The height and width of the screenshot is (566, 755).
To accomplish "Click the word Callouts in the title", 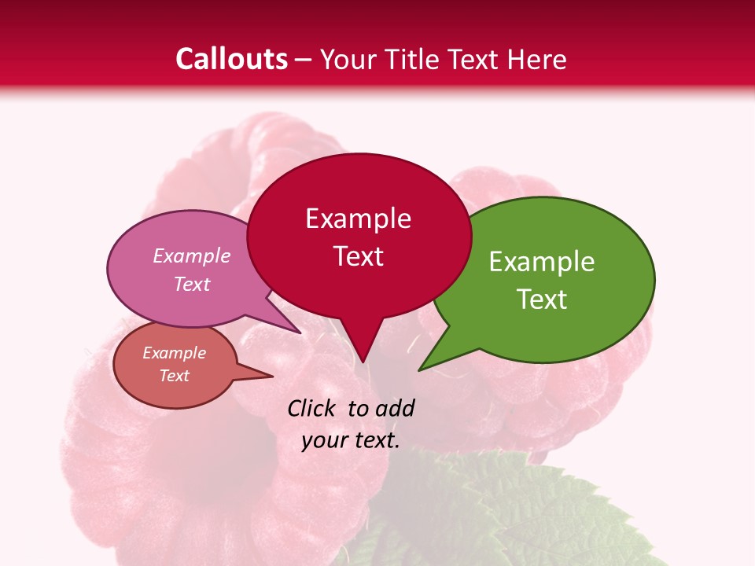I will (x=231, y=59).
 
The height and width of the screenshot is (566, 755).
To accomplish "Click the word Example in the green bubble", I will (x=542, y=262).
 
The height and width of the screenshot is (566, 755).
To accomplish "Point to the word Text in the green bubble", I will (x=542, y=300).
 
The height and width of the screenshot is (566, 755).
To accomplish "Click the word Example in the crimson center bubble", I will (x=358, y=219).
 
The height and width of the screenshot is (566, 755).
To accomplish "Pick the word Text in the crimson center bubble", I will (x=358, y=256).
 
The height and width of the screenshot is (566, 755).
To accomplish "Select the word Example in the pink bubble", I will (x=192, y=255).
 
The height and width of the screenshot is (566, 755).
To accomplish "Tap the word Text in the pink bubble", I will (x=192, y=284).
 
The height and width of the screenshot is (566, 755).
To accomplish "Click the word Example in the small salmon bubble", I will (x=175, y=353).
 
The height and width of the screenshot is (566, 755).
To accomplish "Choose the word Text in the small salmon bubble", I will (x=175, y=376).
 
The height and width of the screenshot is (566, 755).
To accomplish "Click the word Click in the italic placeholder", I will (x=312, y=408).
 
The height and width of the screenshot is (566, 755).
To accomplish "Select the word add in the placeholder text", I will (x=394, y=408).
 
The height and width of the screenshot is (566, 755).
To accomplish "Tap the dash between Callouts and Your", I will (x=304, y=60).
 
